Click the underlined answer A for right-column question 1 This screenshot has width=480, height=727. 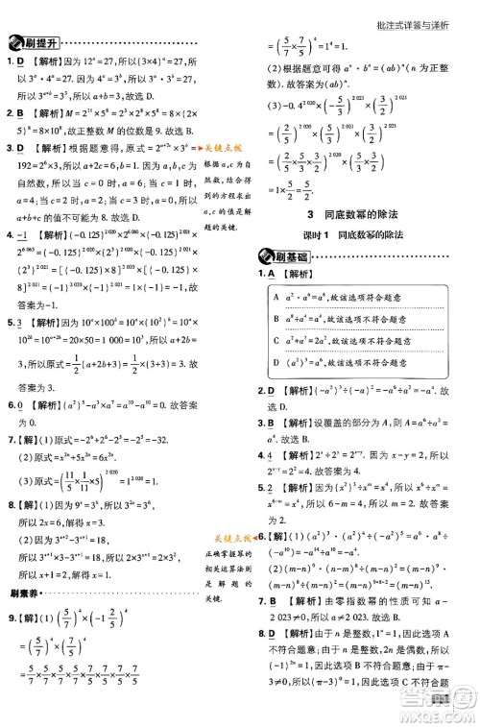(282, 275)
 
